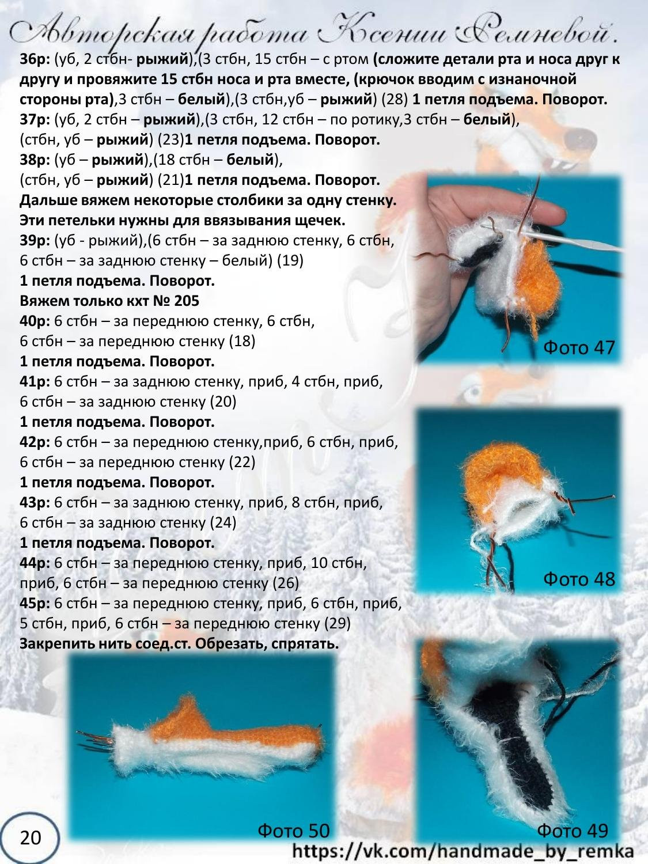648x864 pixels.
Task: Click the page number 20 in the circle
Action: pyautogui.click(x=30, y=836)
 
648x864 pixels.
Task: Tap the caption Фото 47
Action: pyautogui.click(x=579, y=348)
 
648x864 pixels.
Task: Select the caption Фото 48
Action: pyautogui.click(x=579, y=579)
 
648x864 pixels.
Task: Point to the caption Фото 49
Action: pyautogui.click(x=572, y=830)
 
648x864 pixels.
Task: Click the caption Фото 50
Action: pyautogui.click(x=293, y=830)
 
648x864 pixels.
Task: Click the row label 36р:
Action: pyautogui.click(x=35, y=59)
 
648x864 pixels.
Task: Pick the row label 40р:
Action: pyautogui.click(x=35, y=321)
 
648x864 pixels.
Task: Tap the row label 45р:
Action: pyautogui.click(x=35, y=604)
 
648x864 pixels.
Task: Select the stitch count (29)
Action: pyautogui.click(x=338, y=624)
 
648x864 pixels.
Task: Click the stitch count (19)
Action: pyautogui.click(x=290, y=261)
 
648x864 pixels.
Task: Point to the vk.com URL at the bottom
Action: pyautogui.click(x=463, y=851)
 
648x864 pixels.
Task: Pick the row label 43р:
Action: pyautogui.click(x=35, y=502)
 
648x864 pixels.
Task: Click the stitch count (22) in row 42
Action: pyautogui.click(x=242, y=462)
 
